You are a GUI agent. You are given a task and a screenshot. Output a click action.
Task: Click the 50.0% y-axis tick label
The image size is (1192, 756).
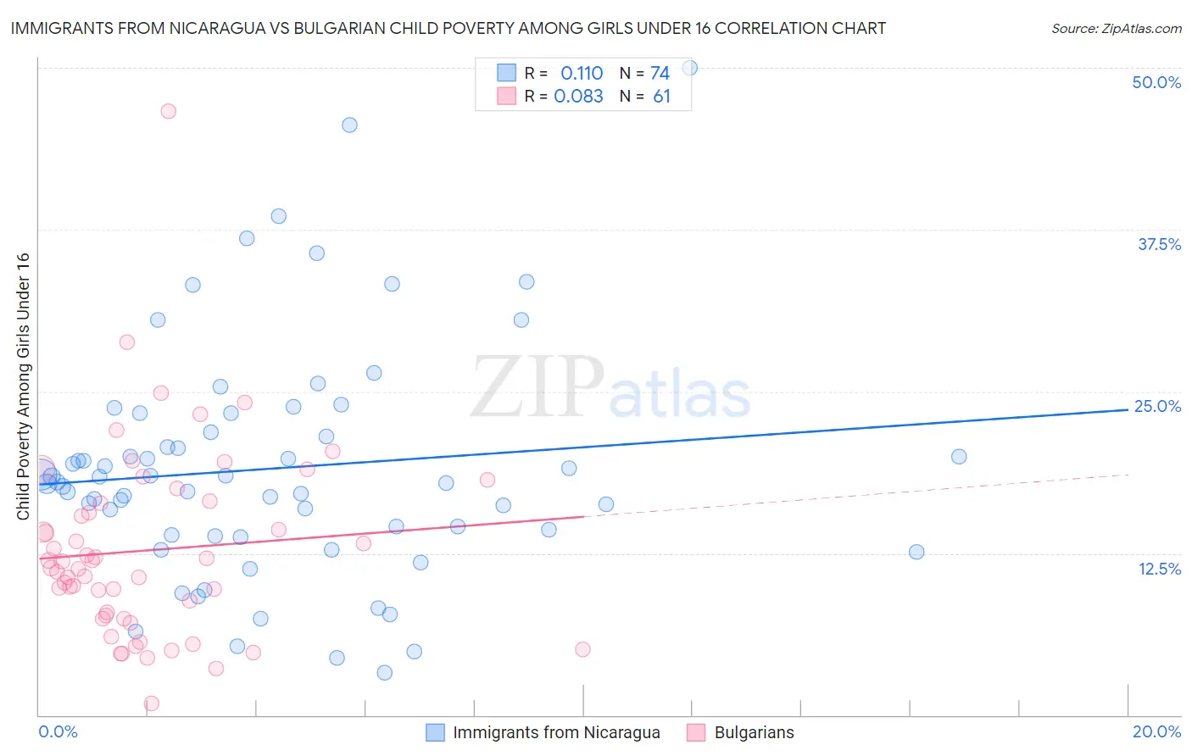[1156, 82]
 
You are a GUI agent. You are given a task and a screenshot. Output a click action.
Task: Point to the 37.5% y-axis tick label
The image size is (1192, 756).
[1159, 244]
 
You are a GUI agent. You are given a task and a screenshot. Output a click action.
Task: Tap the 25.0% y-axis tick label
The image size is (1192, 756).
[1157, 406]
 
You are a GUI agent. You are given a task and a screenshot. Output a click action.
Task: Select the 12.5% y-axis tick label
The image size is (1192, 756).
[1159, 569]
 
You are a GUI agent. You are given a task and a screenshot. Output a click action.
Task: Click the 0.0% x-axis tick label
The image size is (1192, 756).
[58, 731]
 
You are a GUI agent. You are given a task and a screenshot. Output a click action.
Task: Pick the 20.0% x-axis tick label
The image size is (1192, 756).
[1156, 731]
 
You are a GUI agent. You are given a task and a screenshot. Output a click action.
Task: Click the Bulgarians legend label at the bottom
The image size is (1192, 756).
[754, 732]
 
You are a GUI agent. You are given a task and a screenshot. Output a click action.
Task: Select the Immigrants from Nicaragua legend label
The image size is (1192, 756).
[556, 732]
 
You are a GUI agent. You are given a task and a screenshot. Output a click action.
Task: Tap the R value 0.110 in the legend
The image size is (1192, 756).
[582, 73]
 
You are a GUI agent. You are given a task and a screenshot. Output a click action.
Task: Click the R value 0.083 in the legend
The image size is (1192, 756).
[578, 96]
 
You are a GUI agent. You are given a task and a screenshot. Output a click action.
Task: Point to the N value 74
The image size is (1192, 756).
[660, 73]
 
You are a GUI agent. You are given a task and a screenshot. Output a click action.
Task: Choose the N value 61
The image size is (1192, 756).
[661, 96]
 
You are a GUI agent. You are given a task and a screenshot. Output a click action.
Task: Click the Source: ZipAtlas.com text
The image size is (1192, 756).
[1116, 28]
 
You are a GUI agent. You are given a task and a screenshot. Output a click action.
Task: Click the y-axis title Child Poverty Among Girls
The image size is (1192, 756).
[23, 386]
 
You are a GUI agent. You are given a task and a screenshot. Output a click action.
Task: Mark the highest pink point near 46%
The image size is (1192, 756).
[168, 111]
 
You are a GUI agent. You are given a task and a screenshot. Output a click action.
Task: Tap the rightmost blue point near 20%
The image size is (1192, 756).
[959, 456]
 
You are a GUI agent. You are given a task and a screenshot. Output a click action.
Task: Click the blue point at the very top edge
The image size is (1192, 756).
[689, 68]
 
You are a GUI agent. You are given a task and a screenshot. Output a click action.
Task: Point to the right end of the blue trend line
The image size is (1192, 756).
[1128, 409]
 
